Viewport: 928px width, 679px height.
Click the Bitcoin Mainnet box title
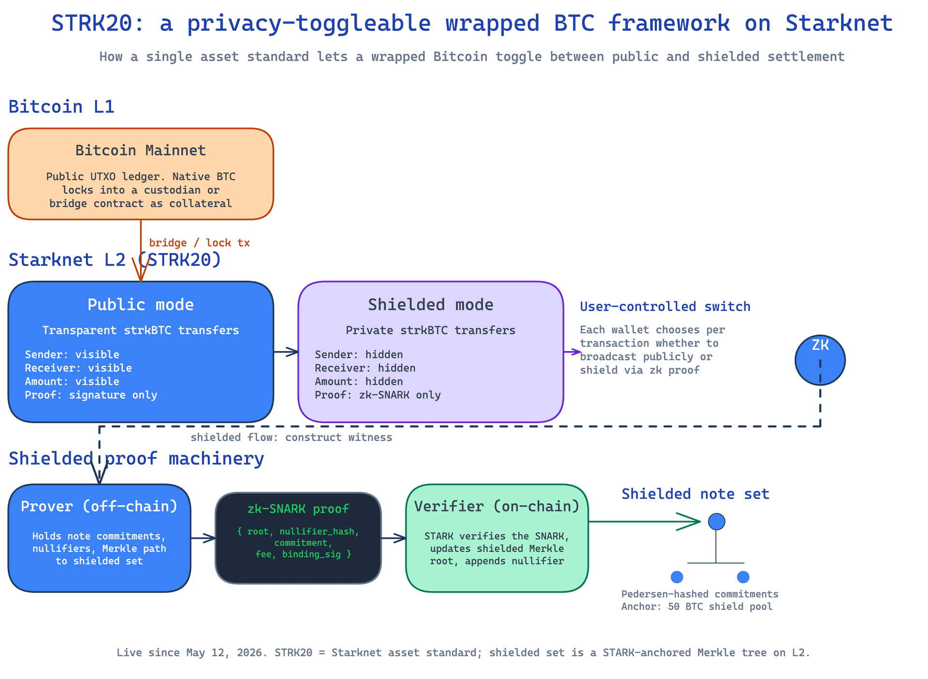[x=141, y=151]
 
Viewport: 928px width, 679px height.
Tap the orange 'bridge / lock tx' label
[x=199, y=243]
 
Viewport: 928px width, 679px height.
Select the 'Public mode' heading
[x=141, y=305]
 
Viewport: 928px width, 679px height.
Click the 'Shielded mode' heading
[x=431, y=305]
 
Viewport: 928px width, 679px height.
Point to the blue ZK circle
[x=820, y=360]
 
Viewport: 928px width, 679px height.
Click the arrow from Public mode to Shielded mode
[x=286, y=352]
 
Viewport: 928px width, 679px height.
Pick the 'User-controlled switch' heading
[x=665, y=307]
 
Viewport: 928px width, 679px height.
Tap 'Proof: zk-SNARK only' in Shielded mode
[x=378, y=395]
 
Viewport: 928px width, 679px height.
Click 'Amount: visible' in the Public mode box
[x=72, y=382]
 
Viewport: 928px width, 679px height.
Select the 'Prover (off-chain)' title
[x=99, y=506]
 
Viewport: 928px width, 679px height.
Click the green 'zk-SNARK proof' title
[x=298, y=509]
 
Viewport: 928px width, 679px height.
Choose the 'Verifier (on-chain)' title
[x=497, y=506]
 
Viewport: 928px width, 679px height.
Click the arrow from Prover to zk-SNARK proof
[x=203, y=538]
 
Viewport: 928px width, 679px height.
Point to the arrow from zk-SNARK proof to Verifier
[x=393, y=538]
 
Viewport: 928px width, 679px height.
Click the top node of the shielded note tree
[x=716, y=522]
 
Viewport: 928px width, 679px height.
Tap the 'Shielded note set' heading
[x=695, y=494]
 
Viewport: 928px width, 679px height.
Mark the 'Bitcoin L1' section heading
[x=61, y=107]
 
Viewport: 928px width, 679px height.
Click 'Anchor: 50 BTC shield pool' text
[x=697, y=607]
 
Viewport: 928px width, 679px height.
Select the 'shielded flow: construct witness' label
[x=291, y=438]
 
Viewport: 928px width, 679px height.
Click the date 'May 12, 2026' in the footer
[x=227, y=653]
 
